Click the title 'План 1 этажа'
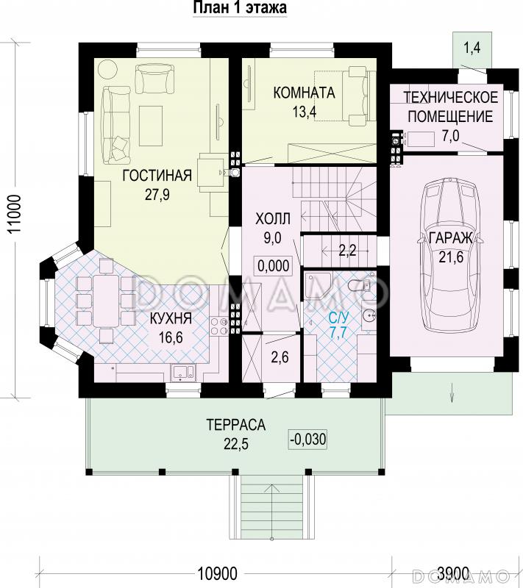[x=240, y=7]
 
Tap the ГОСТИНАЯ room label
[x=157, y=175]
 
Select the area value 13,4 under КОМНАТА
[x=305, y=112]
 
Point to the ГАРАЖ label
[x=450, y=237]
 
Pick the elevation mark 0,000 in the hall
[x=274, y=265]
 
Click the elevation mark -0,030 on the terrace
[x=308, y=439]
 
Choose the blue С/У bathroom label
[x=339, y=318]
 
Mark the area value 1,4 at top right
[x=472, y=48]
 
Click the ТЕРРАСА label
[x=236, y=425]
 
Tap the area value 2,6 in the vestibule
[x=280, y=356]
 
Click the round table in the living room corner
[x=108, y=69]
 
